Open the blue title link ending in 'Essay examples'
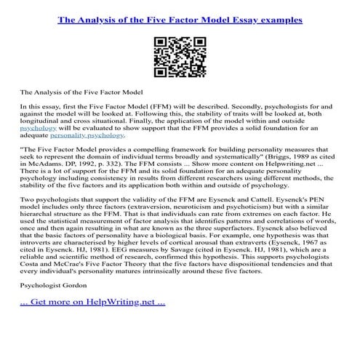click(180, 20)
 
